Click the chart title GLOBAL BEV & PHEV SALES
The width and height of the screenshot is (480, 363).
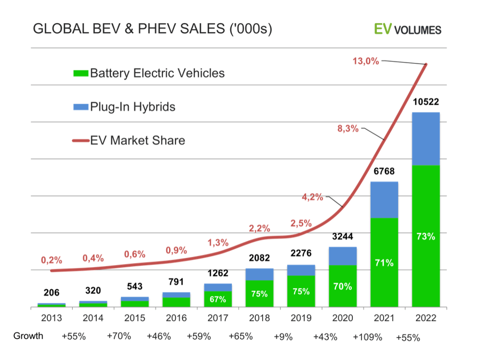point(152,29)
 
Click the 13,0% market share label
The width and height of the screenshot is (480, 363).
point(365,61)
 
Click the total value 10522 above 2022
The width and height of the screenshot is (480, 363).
point(426,102)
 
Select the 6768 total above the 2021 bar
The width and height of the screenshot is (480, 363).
point(384,171)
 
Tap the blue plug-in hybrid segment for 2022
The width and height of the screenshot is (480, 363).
point(426,138)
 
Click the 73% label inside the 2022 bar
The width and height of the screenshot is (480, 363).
point(426,236)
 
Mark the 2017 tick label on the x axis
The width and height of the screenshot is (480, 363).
point(217,318)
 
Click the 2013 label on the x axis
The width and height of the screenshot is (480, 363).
point(51,318)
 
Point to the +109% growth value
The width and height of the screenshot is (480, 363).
point(368,337)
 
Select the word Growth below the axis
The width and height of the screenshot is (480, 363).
point(28,336)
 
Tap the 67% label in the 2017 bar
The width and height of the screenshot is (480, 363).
point(217,299)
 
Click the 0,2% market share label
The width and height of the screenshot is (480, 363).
point(51,259)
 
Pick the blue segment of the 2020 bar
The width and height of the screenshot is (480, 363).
point(343,256)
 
